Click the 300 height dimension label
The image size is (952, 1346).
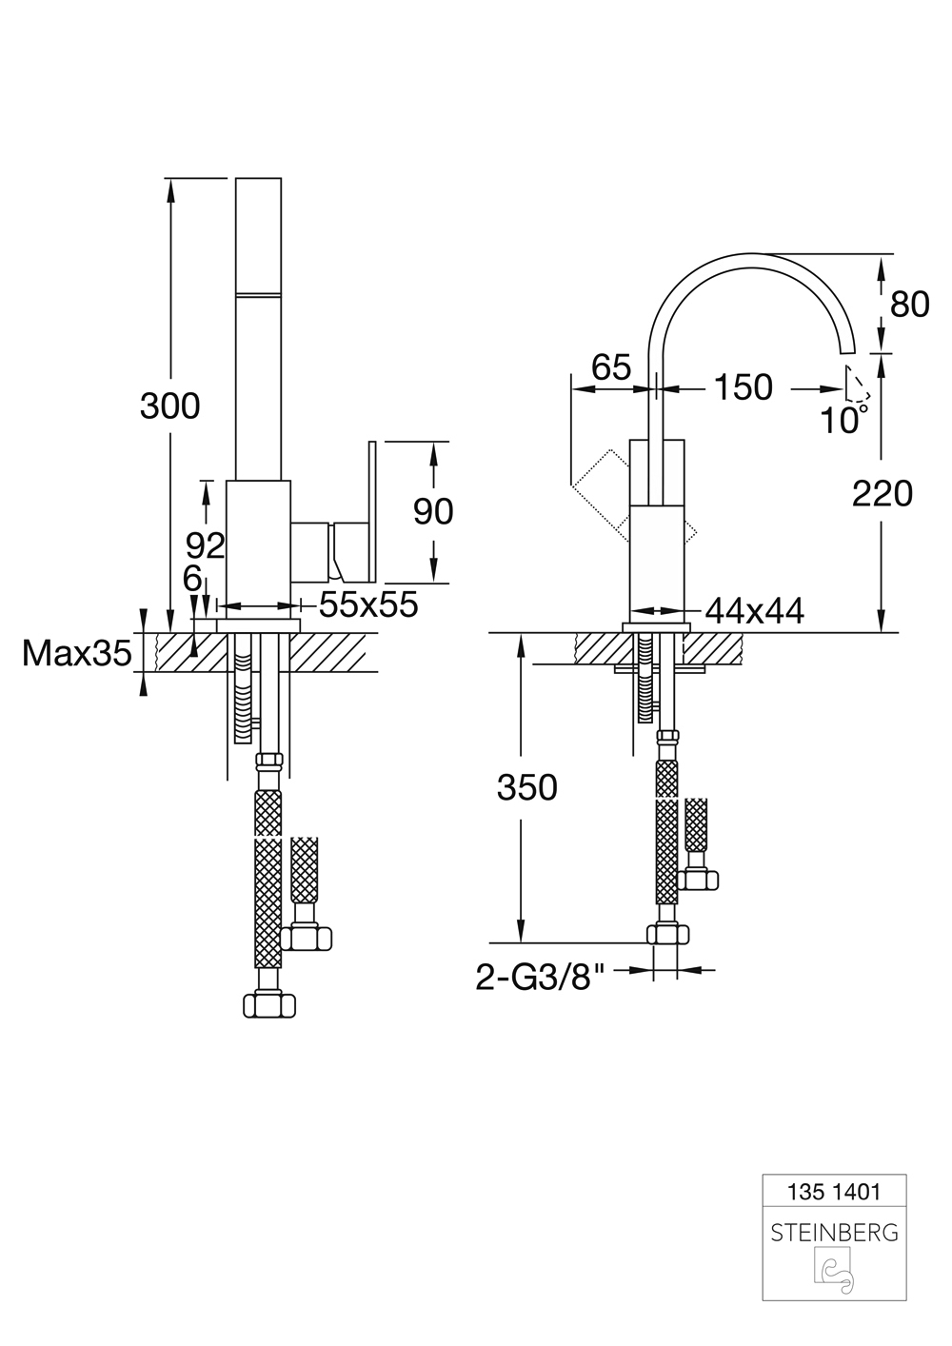(x=169, y=406)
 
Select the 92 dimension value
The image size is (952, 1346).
(x=205, y=545)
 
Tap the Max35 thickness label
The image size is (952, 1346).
(x=76, y=654)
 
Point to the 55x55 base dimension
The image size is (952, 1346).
(x=368, y=604)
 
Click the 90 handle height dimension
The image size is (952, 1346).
(x=433, y=512)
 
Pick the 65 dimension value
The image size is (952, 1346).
(x=610, y=366)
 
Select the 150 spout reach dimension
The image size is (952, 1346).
(x=743, y=387)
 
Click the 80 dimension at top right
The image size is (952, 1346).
(x=909, y=305)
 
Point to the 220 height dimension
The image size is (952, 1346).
(x=882, y=493)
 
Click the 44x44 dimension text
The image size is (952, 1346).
(x=755, y=611)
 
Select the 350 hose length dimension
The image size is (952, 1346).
(x=526, y=787)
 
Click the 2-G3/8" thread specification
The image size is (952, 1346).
(x=541, y=977)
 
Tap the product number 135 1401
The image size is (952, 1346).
(x=834, y=1191)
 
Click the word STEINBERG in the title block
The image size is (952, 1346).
(x=834, y=1233)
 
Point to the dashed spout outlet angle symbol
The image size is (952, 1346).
(x=856, y=386)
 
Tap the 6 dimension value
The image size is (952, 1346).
(x=193, y=579)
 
